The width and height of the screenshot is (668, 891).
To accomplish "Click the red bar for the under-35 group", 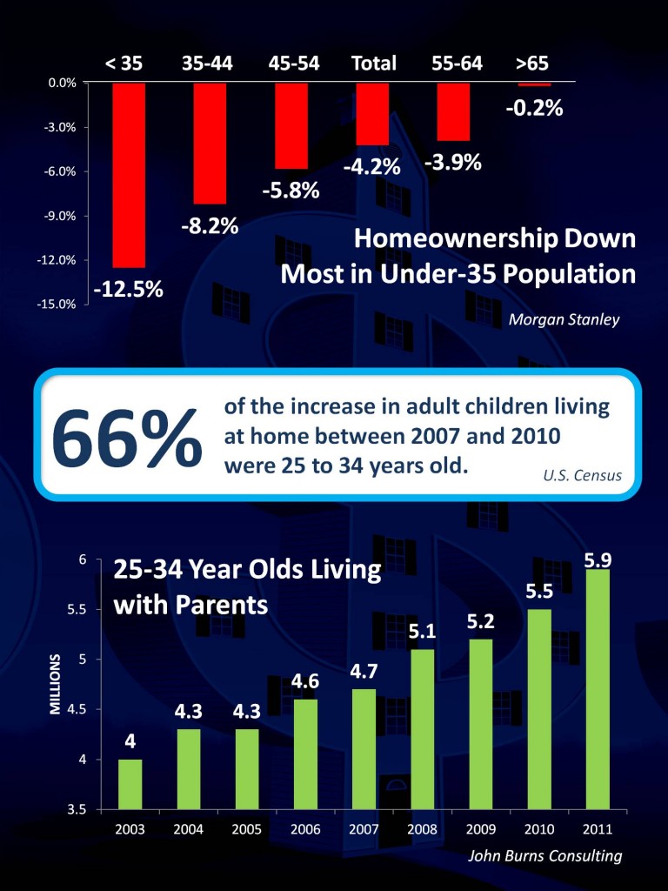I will click(129, 174).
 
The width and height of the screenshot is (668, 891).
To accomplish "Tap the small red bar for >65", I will click(534, 84).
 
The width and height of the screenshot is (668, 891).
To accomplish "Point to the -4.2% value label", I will click(371, 166).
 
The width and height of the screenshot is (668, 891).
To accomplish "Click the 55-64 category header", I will click(457, 64).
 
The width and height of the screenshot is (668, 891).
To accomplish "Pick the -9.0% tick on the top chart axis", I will click(63, 216).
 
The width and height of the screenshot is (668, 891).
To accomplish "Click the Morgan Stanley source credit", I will click(564, 319).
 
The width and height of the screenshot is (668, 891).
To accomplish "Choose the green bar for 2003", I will click(130, 784).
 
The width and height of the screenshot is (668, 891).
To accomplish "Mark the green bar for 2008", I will click(421, 729).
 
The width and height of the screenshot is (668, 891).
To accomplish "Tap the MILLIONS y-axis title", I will click(55, 684).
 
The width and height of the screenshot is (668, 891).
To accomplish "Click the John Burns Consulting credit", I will click(544, 855).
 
